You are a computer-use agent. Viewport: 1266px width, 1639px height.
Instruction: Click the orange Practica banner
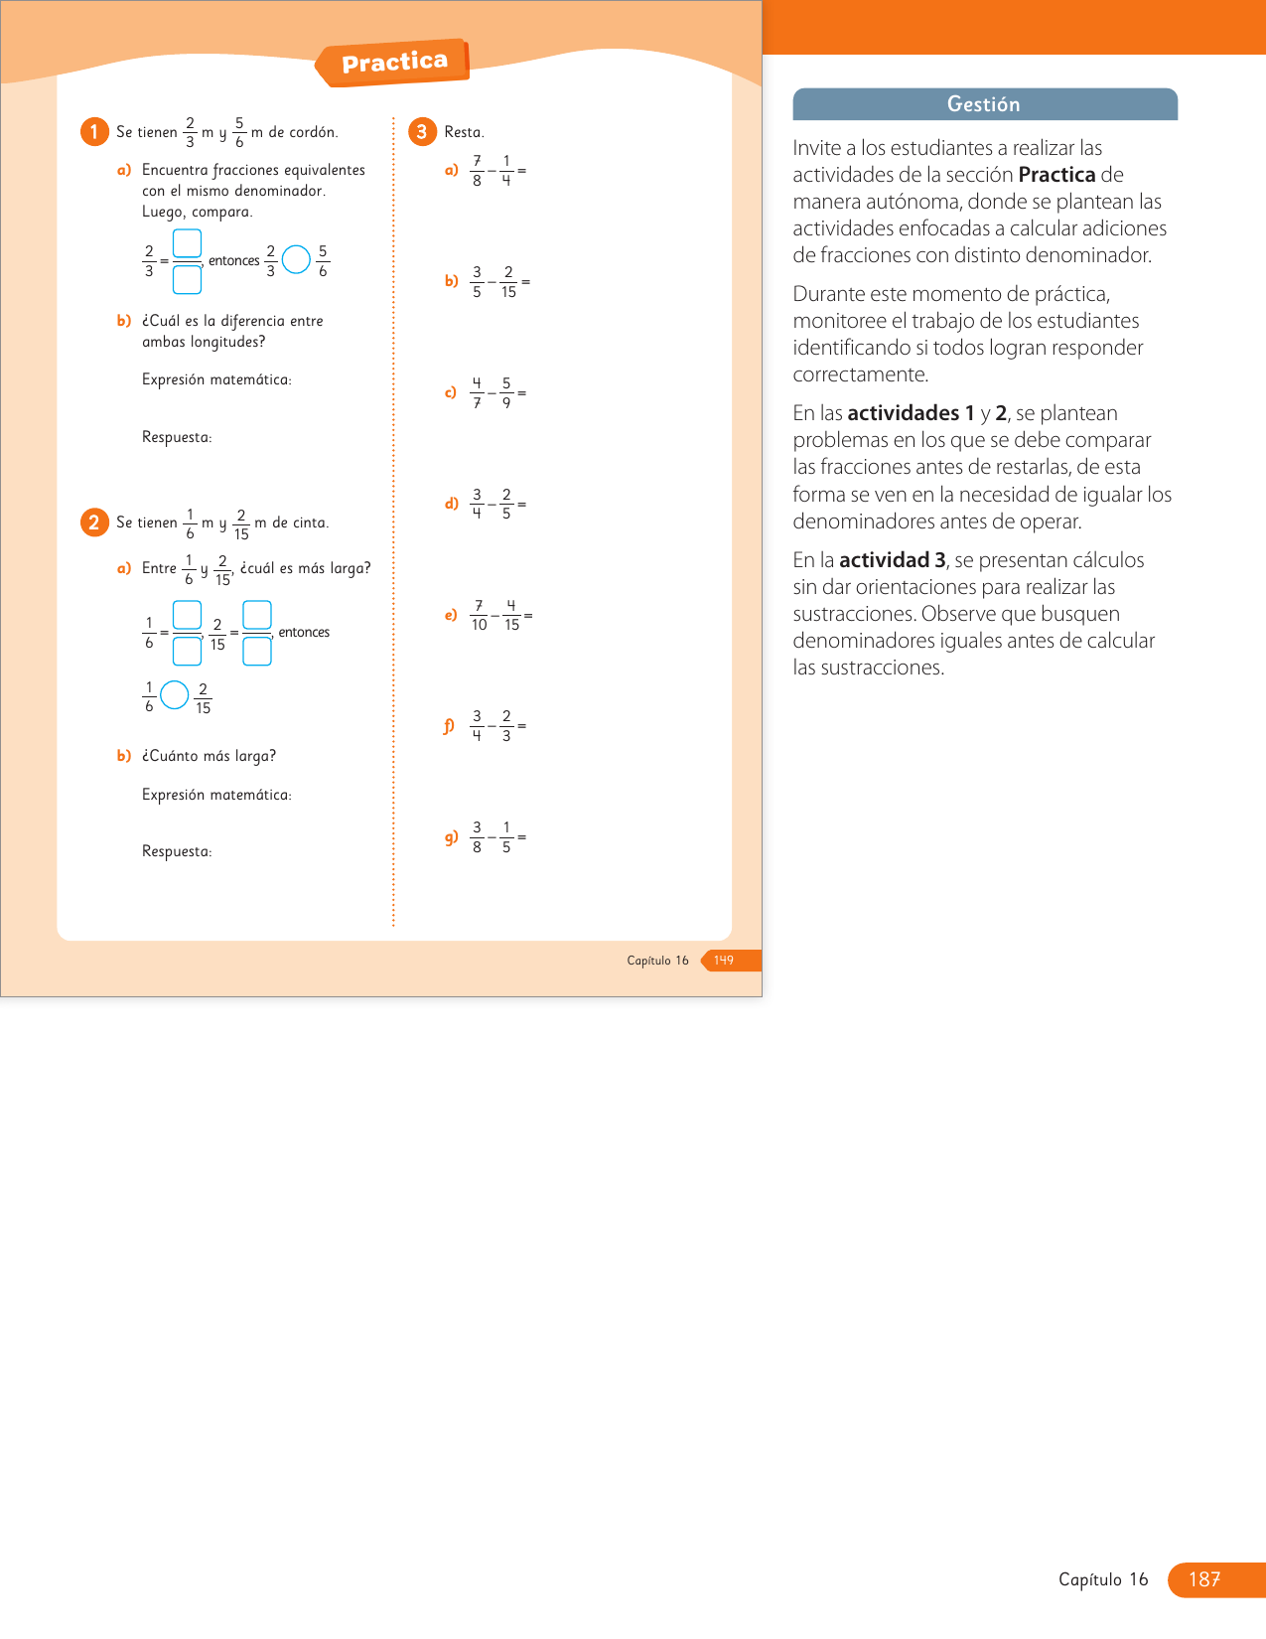[x=393, y=63]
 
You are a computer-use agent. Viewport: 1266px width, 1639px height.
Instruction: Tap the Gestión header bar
[x=984, y=104]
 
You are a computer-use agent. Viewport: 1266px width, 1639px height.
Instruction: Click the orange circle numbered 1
[x=94, y=132]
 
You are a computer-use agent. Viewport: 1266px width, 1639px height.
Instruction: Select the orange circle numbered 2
[x=94, y=522]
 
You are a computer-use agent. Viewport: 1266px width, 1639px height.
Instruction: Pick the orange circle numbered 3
[x=422, y=132]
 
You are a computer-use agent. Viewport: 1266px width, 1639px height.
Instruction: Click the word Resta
[x=464, y=132]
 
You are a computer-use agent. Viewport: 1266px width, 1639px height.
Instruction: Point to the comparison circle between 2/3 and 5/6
[x=296, y=260]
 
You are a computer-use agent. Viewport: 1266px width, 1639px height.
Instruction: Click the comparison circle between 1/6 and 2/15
[x=175, y=695]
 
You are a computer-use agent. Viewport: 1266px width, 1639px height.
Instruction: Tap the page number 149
[x=724, y=961]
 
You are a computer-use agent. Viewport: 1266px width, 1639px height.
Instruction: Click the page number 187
[x=1203, y=1579]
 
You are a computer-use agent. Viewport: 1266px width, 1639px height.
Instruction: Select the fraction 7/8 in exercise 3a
[x=478, y=171]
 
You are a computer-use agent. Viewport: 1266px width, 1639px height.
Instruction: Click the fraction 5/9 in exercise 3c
[x=506, y=393]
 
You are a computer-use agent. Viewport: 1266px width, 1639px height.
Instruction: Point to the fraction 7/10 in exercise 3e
[x=479, y=616]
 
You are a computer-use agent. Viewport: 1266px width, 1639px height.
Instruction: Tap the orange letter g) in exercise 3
[x=451, y=837]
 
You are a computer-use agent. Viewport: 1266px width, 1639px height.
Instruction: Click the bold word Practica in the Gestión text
[x=1056, y=175]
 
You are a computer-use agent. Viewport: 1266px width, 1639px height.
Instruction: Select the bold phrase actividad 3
[x=893, y=560]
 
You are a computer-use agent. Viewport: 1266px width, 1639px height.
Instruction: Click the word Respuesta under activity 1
[x=177, y=437]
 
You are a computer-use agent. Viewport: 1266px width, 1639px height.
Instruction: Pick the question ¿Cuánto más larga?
[x=209, y=756]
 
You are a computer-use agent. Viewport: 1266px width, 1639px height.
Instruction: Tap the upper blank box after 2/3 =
[x=187, y=243]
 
